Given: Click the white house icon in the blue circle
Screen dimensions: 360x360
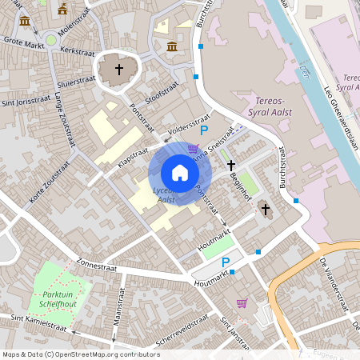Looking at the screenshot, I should tap(180, 173).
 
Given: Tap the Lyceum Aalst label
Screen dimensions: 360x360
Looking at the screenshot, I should tap(166, 195).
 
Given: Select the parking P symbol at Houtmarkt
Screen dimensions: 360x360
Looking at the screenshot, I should tap(226, 262).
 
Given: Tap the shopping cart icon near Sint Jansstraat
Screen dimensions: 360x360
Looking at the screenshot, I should tap(242, 302).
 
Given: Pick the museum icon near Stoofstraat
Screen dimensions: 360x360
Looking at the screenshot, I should tap(172, 46).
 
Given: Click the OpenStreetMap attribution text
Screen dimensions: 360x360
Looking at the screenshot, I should tap(81, 354).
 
